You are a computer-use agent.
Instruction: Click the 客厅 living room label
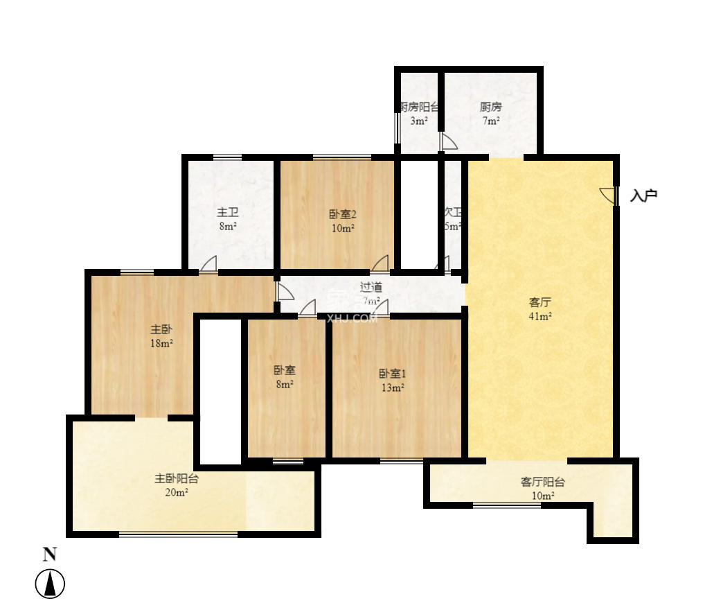[540, 303]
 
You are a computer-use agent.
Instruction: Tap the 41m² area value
[540, 317]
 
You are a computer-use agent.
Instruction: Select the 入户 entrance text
[643, 195]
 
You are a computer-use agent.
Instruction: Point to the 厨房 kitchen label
[490, 107]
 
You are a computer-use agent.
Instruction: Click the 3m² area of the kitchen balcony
[418, 121]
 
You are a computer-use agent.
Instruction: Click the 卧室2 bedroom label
[343, 214]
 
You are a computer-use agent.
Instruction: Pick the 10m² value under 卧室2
[343, 228]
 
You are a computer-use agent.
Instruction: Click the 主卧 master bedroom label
[161, 329]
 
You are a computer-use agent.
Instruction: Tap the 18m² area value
[161, 343]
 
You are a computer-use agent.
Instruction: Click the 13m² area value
[392, 387]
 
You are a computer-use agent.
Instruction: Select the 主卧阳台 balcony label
[176, 478]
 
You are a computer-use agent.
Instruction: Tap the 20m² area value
[176, 492]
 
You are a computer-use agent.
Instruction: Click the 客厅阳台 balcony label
[542, 482]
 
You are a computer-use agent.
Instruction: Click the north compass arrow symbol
[50, 584]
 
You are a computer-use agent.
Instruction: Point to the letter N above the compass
[50, 554]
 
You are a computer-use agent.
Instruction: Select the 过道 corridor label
[371, 287]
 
